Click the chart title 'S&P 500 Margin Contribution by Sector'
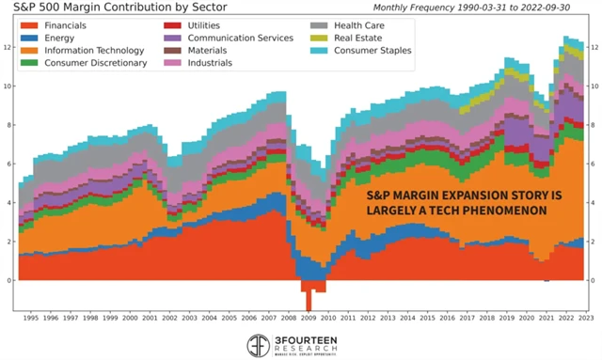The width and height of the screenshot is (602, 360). coord(121,9)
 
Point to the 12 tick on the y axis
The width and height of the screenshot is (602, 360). coord(8,47)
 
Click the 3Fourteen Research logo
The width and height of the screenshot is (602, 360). coord(300,344)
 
